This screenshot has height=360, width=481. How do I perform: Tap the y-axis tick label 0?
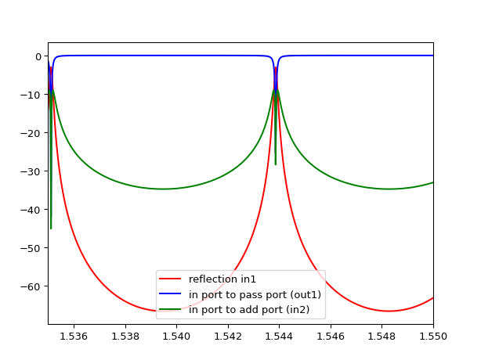pos(38,56)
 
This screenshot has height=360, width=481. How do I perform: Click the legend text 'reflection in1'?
pos(222,279)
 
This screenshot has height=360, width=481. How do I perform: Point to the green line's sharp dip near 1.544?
pos(276,163)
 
